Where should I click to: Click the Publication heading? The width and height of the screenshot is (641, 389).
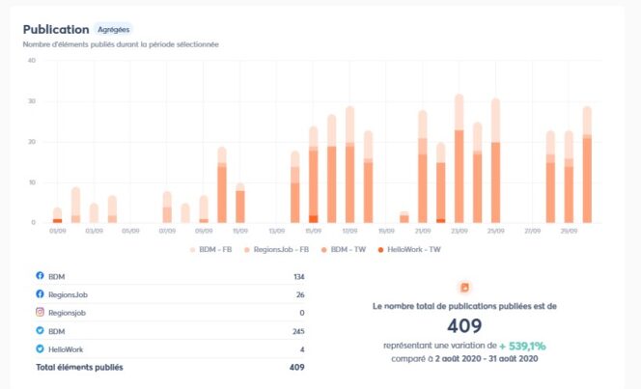56,29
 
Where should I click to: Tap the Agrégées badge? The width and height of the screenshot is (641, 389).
114,29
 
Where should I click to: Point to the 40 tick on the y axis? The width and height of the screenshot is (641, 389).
32,60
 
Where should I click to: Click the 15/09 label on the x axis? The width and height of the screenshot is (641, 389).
313,232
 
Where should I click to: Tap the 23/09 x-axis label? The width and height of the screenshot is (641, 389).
459,232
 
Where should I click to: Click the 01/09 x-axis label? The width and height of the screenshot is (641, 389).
57,232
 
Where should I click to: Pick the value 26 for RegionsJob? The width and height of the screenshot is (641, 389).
299,294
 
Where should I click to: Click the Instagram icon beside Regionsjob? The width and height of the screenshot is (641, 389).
40,313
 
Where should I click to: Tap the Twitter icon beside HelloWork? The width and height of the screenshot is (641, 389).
40,348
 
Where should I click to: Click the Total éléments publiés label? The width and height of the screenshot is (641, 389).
79,367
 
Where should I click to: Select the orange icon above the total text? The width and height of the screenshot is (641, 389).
463,287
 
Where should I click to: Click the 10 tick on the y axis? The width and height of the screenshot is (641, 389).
32,181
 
